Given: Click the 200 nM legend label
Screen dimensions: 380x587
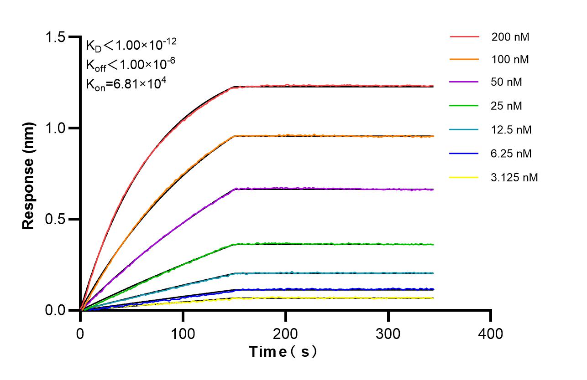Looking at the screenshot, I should tap(510, 37).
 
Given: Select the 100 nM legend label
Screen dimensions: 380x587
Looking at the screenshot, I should tap(510, 60).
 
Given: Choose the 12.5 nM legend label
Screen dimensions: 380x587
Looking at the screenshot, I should tap(512, 130).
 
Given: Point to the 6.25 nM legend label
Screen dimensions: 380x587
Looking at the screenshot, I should tap(512, 154).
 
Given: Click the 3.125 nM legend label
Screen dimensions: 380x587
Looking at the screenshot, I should tap(514, 177).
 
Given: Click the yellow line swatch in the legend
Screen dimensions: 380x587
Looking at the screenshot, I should tap(464, 177).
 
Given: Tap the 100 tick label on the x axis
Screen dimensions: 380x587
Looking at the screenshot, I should tap(183, 334).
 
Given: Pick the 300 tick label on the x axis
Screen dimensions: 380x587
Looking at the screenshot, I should tap(388, 334).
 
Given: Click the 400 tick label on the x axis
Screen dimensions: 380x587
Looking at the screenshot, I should tap(491, 334).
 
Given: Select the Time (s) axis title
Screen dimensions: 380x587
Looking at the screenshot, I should tap(283, 352).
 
